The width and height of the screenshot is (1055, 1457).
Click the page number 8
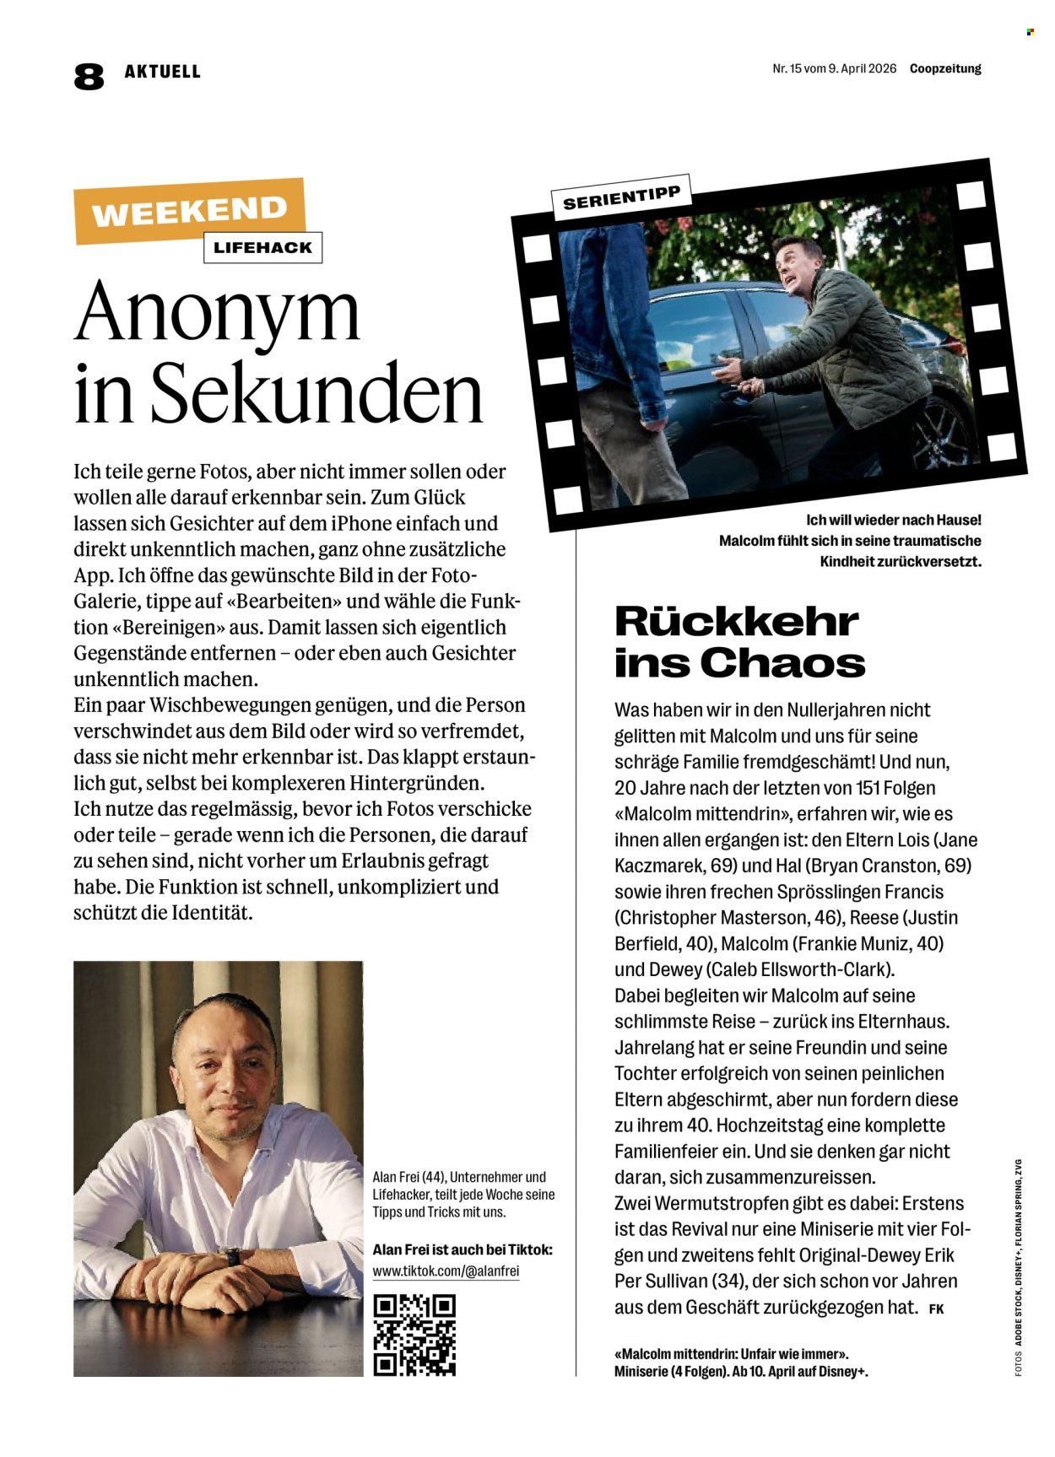tap(89, 77)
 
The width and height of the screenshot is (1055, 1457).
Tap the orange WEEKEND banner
tap(189, 211)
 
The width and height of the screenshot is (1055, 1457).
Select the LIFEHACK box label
tap(262, 248)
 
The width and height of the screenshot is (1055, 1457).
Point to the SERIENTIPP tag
tap(621, 197)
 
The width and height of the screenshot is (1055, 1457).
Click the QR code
tap(414, 1335)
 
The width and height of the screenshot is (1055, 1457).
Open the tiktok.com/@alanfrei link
tap(446, 1271)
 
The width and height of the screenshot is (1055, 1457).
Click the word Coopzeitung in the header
tap(945, 69)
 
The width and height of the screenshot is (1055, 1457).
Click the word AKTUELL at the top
tap(163, 72)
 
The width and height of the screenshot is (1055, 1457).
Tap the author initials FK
tap(936, 1309)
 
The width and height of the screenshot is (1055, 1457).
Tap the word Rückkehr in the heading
tap(736, 622)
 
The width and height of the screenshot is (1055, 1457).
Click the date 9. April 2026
tap(855, 69)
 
